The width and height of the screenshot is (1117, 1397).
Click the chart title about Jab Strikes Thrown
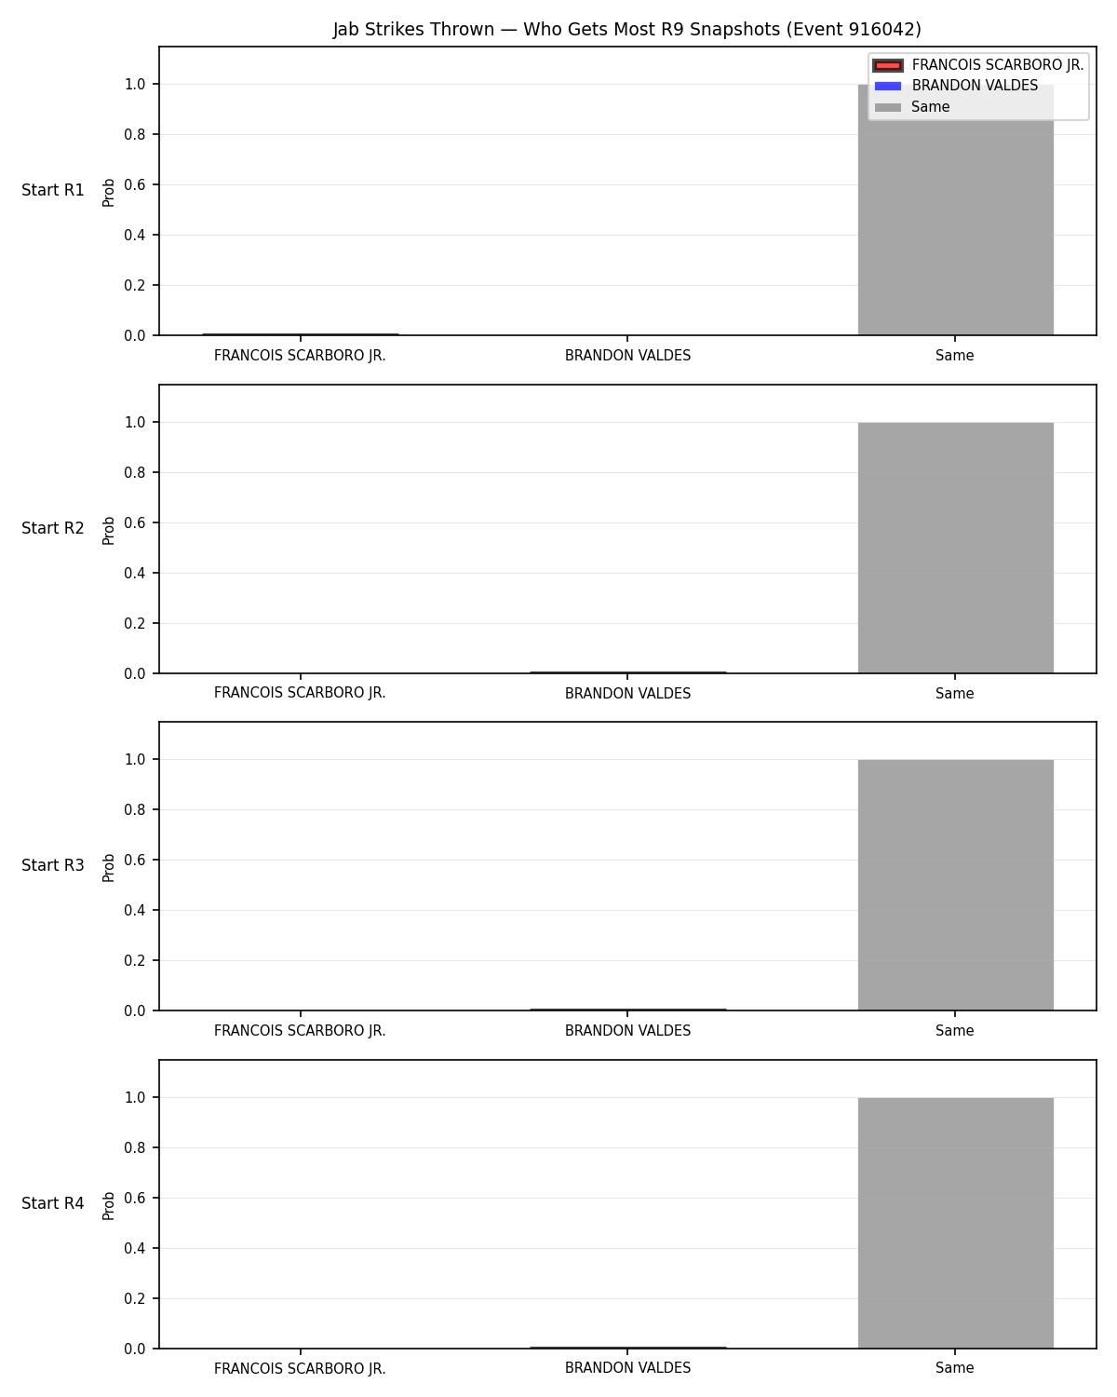point(627,29)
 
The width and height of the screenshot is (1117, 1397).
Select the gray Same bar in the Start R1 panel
point(955,210)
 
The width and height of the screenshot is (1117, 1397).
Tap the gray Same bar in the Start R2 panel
point(955,548)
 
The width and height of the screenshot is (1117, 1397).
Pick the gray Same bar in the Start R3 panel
point(955,885)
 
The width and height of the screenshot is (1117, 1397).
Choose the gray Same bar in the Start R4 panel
point(955,1223)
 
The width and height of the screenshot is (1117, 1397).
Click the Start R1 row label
point(52,190)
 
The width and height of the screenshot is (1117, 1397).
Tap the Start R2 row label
point(52,528)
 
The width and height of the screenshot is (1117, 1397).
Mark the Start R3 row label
point(52,865)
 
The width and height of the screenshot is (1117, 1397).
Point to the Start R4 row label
point(52,1203)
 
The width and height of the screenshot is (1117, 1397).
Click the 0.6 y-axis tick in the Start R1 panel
point(135,185)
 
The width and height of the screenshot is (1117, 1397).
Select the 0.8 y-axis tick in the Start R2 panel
point(135,472)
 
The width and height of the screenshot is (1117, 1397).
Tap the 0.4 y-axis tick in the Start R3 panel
point(135,910)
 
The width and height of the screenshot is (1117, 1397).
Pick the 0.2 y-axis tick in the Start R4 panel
point(135,1298)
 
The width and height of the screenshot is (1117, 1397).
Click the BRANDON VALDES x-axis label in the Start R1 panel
point(627,356)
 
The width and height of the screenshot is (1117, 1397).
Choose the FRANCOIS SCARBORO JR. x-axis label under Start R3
point(300,1031)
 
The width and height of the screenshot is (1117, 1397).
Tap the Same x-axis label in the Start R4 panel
point(955,1368)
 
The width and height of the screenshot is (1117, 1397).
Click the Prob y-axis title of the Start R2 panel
point(108,531)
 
